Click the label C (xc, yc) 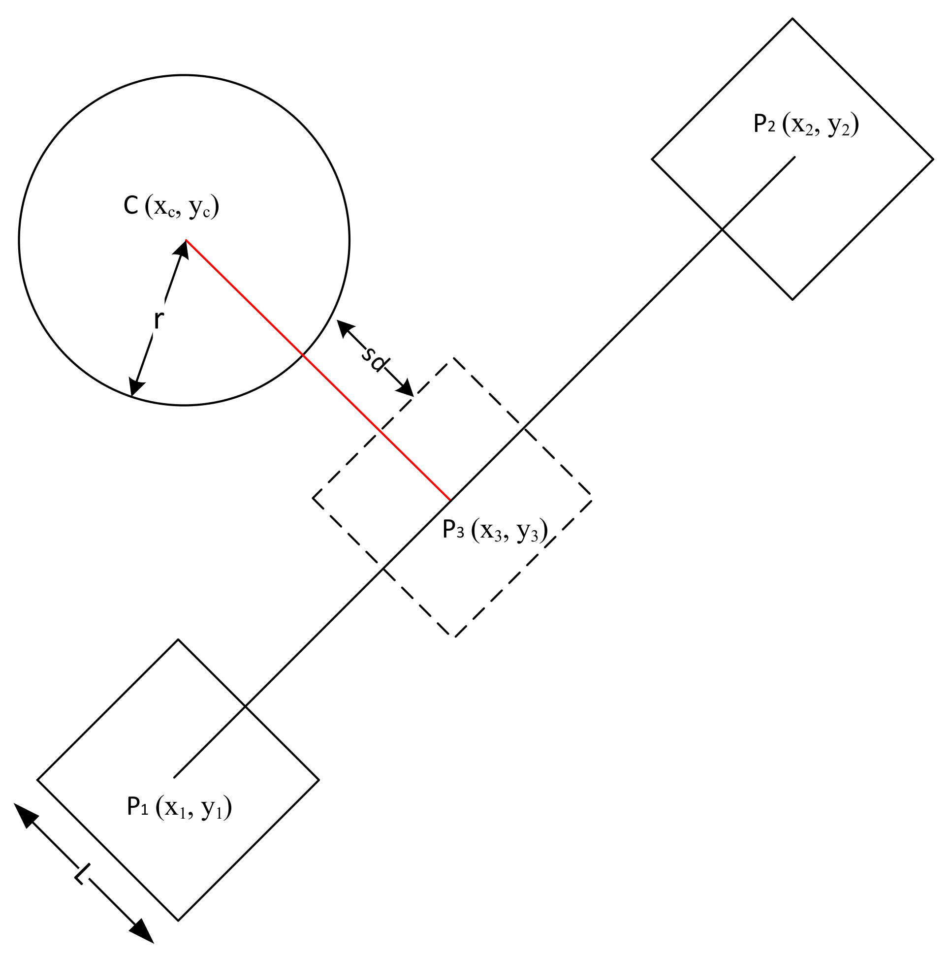(x=171, y=207)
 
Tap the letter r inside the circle (x=158, y=320)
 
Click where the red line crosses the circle (x=302, y=354)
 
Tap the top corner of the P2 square (x=792, y=19)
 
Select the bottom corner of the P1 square (x=178, y=921)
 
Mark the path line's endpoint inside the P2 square (x=795, y=157)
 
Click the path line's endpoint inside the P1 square (x=174, y=778)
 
